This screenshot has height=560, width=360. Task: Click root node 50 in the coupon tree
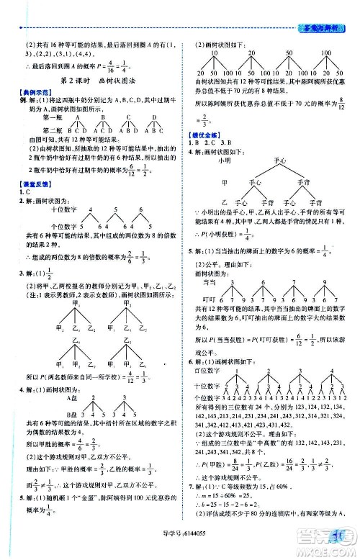288,53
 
